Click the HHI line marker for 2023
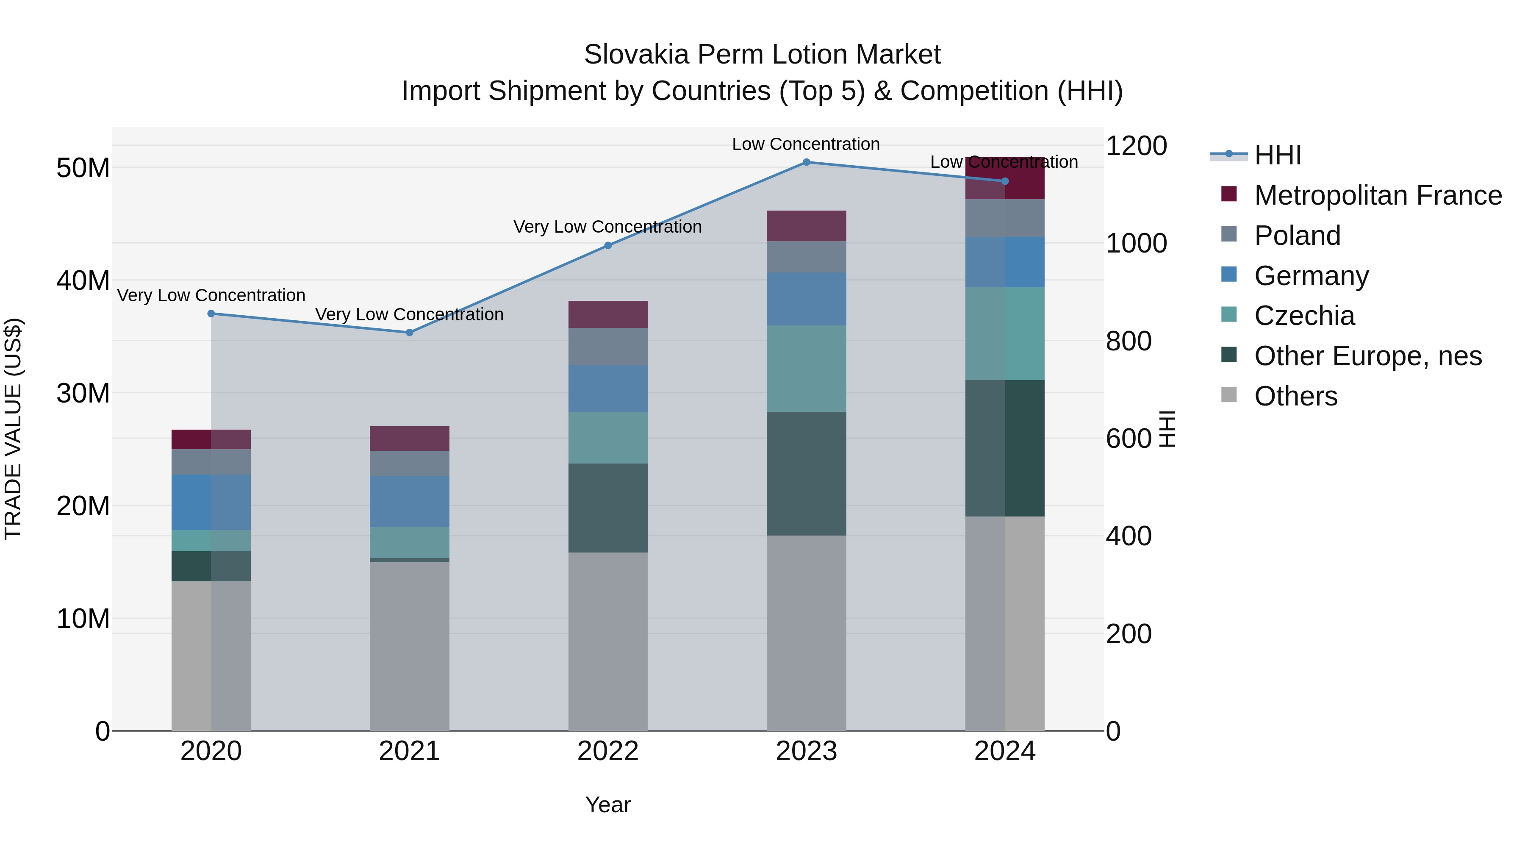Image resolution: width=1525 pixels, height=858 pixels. coord(806,162)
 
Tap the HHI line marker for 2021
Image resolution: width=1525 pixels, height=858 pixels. coord(409,332)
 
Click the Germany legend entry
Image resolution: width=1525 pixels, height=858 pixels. coord(1311,275)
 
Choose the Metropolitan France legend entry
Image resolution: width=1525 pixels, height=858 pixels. coord(1377,195)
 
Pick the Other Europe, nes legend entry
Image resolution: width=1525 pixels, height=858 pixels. coord(1367,356)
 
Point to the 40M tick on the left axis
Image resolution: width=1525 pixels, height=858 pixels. coord(83,280)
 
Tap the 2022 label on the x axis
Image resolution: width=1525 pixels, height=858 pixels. coord(607,751)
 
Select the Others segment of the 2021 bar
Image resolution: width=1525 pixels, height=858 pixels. coord(409,645)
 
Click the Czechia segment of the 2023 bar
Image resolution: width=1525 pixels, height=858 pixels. coord(806,368)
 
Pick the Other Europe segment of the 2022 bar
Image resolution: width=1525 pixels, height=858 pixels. coord(607,508)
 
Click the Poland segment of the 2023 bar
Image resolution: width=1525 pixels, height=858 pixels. coord(806,256)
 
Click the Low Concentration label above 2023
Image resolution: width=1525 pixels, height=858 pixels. coord(806,144)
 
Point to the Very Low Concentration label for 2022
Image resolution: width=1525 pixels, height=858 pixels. coord(607,227)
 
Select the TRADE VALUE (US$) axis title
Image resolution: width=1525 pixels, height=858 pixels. coord(13,429)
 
